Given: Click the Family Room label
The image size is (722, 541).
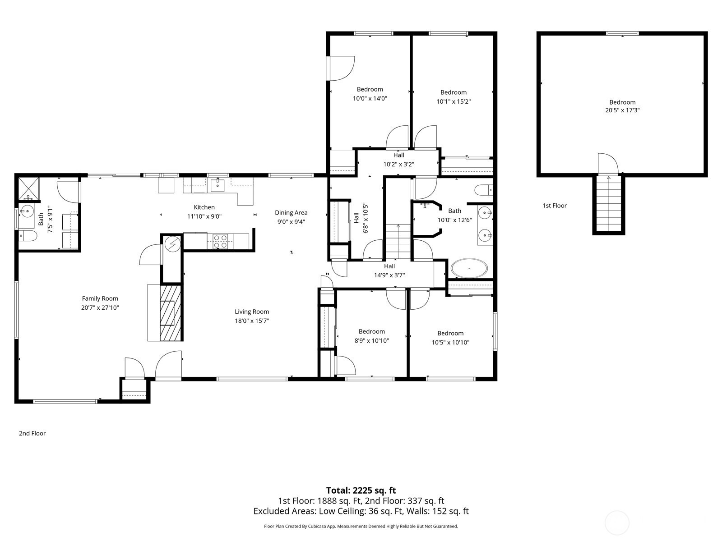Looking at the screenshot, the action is (100, 298).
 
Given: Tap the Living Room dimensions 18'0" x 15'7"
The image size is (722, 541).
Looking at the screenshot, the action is (252, 321).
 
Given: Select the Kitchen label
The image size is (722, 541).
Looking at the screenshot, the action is (204, 207).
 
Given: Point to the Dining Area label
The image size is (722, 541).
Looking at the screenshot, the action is (291, 212).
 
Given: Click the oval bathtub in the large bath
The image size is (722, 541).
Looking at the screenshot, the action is (469, 268).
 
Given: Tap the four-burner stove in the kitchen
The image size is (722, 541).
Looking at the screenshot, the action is (220, 241).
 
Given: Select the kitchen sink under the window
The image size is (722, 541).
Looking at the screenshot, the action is (218, 185).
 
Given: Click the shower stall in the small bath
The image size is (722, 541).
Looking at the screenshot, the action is (28, 188).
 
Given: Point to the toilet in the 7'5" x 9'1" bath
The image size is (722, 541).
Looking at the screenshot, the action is (27, 235).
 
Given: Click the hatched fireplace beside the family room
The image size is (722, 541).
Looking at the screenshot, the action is (171, 312).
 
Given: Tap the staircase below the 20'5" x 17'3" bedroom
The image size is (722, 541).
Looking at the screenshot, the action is (609, 204).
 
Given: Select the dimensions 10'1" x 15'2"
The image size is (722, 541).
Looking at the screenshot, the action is (454, 101).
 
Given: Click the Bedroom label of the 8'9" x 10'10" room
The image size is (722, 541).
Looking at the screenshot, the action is (372, 331).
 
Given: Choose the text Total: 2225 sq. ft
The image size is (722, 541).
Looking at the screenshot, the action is (361, 491).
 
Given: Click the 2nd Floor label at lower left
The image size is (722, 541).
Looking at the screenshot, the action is (32, 433).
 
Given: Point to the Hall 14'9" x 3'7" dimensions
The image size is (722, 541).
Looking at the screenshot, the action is (389, 275).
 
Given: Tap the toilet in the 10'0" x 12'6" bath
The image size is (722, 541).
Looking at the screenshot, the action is (484, 190).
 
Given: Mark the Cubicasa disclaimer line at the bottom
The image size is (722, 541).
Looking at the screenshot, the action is (361, 526).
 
